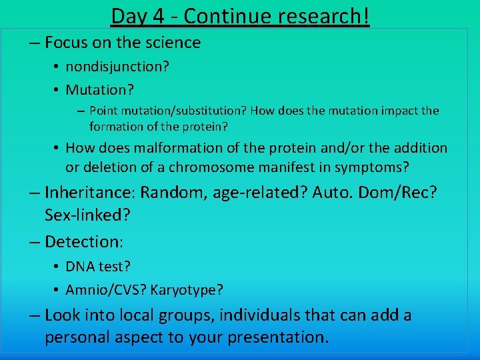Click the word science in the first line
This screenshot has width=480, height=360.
175,43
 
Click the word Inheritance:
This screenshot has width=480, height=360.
90,193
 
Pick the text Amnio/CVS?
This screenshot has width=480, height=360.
106,290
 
